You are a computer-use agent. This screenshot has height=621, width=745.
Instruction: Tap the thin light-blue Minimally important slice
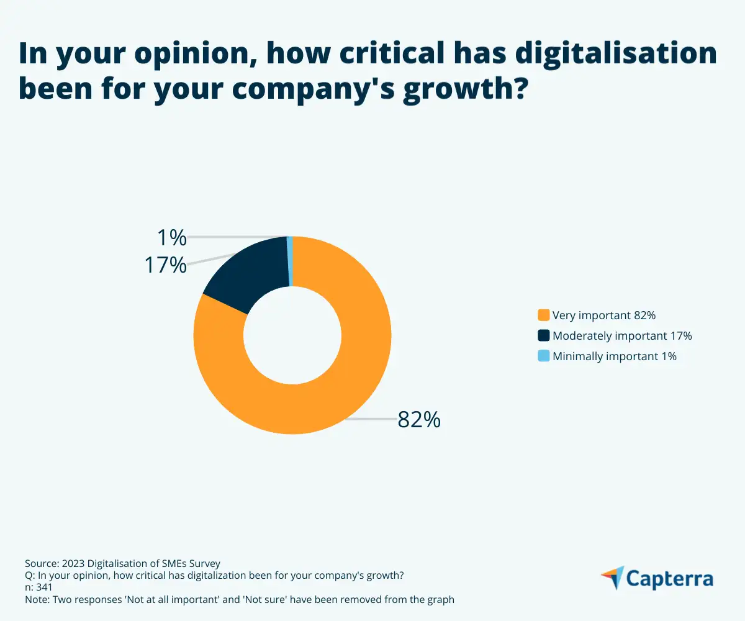(290, 261)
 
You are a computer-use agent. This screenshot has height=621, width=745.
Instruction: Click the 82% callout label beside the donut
(419, 420)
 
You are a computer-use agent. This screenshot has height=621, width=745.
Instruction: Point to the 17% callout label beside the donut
(165, 265)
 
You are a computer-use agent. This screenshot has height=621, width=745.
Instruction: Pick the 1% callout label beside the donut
(171, 237)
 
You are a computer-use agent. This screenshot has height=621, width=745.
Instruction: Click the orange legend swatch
(544, 315)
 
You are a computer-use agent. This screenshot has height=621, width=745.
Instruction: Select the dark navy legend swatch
(544, 335)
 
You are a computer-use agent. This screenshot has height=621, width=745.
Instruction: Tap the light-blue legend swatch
(544, 356)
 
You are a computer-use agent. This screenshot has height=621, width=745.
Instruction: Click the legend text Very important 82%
(604, 315)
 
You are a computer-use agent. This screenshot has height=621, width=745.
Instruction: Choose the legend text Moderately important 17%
(622, 335)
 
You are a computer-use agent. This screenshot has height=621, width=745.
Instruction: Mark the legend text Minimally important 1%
(615, 356)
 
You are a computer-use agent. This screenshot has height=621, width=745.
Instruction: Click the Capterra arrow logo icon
(612, 578)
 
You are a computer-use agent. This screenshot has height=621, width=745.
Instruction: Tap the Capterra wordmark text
(669, 579)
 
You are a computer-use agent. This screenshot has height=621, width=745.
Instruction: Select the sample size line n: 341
(38, 587)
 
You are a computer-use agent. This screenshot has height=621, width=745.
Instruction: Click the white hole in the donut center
(292, 335)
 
